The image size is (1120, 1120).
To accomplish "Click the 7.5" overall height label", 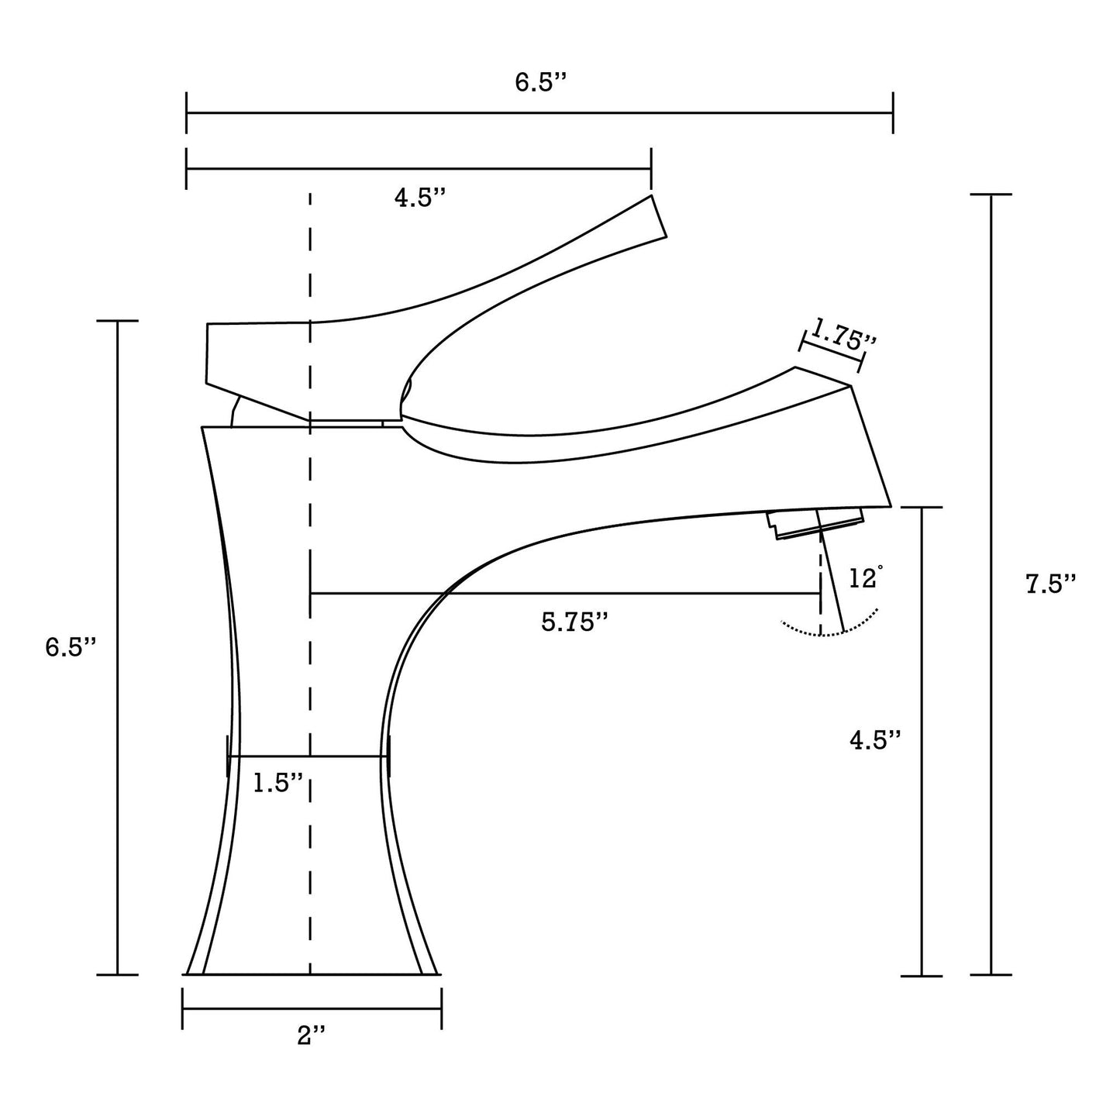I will click(1051, 584).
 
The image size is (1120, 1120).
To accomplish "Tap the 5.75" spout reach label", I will click(574, 622).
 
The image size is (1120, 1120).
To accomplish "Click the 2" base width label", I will click(312, 1035).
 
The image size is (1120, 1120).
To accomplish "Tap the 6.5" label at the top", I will click(541, 83).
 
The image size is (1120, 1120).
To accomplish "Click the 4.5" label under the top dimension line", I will click(420, 198).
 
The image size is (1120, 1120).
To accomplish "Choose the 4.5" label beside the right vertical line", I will click(875, 739).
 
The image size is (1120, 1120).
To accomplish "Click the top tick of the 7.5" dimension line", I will click(991, 195).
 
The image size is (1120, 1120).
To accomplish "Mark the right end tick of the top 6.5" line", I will click(893, 113).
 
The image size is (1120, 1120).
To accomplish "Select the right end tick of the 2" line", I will click(441, 1008).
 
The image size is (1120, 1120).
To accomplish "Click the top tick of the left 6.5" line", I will click(117, 320).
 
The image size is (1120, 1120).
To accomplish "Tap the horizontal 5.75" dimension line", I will click(566, 594).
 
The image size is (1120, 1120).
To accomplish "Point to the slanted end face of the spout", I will click(871, 446).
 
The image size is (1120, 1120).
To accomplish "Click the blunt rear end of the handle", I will click(208, 353).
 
